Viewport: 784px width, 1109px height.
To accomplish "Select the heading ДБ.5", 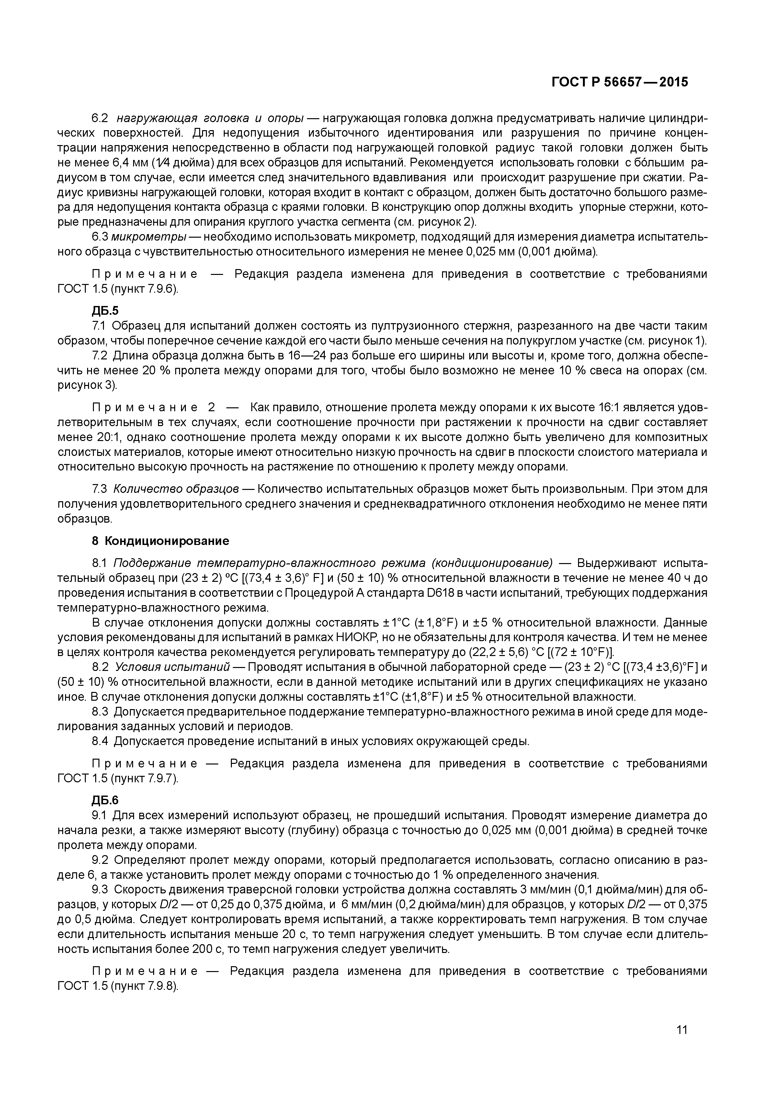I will (105, 311).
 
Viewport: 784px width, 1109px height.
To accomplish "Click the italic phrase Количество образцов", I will (176, 489).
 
